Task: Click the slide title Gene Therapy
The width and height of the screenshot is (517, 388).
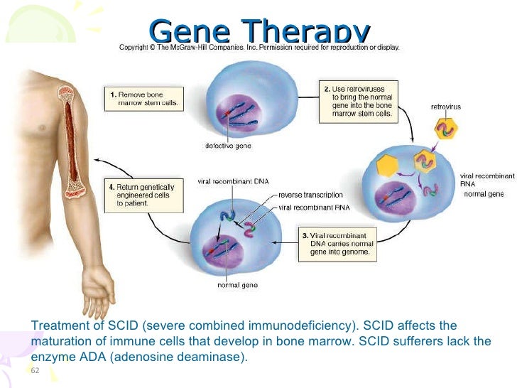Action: point(261,30)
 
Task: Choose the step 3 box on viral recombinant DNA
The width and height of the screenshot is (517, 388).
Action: point(337,242)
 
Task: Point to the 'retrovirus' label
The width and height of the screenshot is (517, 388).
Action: point(447,107)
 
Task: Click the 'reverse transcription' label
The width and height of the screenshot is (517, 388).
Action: point(311,194)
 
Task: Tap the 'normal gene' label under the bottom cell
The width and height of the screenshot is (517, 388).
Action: point(236,286)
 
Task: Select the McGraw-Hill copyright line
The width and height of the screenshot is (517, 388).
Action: point(259,48)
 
